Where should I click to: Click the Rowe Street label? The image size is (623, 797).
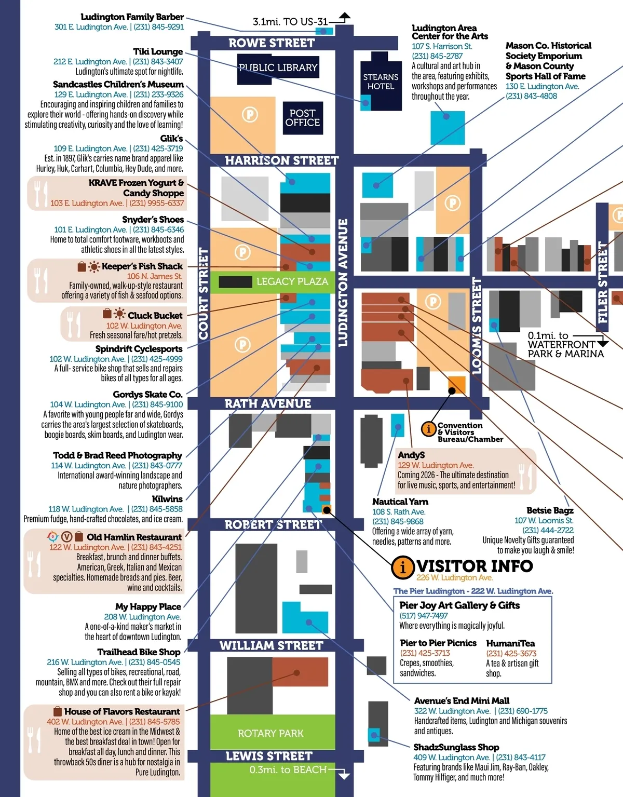(272, 43)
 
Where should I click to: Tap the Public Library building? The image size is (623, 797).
(278, 67)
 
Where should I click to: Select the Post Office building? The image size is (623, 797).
(302, 118)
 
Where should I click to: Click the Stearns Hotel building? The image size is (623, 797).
(381, 81)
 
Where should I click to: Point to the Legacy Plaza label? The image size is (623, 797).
(292, 281)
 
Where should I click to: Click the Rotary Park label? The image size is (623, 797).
(270, 733)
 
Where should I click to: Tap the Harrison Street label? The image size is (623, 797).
(281, 160)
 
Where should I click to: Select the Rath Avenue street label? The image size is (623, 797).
(267, 403)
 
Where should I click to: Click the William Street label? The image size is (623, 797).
(271, 645)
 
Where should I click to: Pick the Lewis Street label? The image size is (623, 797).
(269, 756)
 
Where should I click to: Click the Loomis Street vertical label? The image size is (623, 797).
(477, 326)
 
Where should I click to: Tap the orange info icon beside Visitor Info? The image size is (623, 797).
(402, 566)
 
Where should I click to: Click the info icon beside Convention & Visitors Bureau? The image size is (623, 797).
(428, 429)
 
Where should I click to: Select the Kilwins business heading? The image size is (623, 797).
(167, 499)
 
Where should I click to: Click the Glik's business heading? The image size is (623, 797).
(171, 139)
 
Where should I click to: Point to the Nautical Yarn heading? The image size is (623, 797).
(400, 502)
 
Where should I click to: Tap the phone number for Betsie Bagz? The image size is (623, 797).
(548, 530)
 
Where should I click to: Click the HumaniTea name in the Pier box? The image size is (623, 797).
(510, 643)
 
